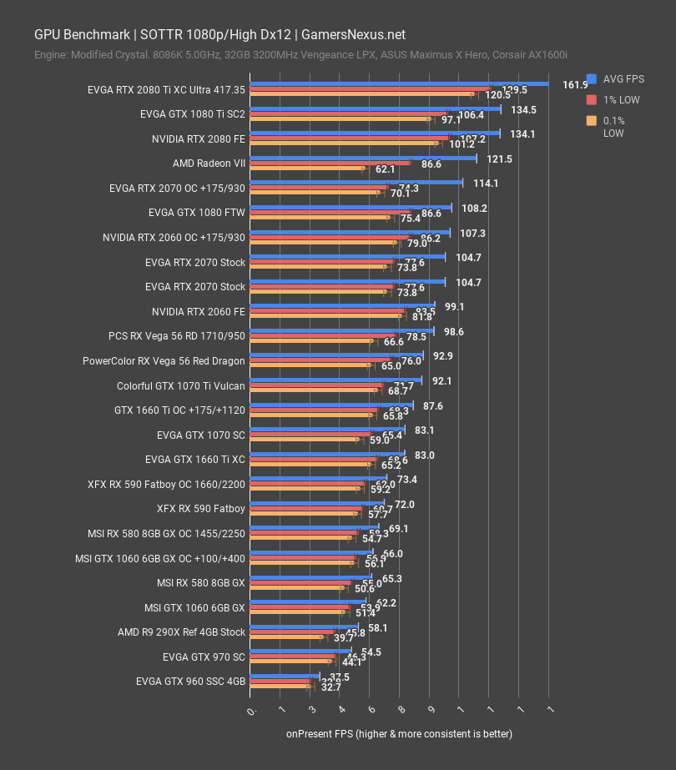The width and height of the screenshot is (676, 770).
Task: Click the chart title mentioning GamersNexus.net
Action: pos(219,35)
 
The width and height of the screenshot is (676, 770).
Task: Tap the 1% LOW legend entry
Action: pos(617,100)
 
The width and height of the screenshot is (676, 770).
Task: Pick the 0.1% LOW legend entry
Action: pos(617,127)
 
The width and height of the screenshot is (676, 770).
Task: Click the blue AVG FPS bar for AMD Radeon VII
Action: pos(363,158)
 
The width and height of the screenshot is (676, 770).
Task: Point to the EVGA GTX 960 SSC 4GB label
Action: pos(190,682)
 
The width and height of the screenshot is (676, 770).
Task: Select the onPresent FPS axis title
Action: pos(399,734)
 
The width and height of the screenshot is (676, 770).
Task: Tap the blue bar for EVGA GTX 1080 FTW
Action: pos(351,207)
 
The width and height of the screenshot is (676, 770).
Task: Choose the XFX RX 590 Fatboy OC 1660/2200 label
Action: pos(166,484)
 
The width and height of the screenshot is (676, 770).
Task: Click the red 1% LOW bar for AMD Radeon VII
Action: pos(330,164)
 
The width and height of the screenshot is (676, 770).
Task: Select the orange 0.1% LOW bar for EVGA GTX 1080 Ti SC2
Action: pos(340,119)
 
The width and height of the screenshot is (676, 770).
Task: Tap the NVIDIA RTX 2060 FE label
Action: pos(199,311)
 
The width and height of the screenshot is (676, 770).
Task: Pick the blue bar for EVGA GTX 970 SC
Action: pos(300,651)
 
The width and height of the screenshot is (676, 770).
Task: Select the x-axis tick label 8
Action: pos(401,709)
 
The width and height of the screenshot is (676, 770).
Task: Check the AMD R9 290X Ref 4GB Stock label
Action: pos(181,632)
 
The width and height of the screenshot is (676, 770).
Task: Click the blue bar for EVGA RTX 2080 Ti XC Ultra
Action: pos(399,83)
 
